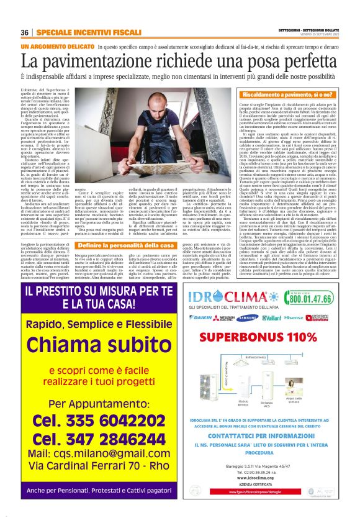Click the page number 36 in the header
click(x=24, y=32)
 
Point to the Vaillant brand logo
click(x=271, y=317)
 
